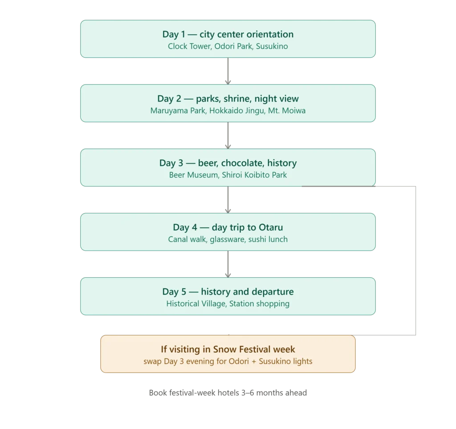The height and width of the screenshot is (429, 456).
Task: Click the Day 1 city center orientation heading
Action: click(x=228, y=34)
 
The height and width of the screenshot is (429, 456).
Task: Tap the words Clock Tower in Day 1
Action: click(x=189, y=46)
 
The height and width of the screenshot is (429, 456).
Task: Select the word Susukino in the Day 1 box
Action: click(x=272, y=46)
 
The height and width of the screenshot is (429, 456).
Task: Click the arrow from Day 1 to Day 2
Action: click(x=228, y=71)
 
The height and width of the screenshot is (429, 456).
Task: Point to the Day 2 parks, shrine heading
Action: click(x=228, y=99)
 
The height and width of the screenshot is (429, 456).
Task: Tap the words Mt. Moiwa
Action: click(x=287, y=111)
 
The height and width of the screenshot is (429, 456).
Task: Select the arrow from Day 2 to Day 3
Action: click(x=228, y=135)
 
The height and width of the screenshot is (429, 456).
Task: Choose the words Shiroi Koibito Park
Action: click(x=254, y=175)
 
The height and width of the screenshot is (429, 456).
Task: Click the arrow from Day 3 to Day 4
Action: click(x=228, y=200)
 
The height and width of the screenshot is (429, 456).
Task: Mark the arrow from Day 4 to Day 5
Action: click(x=228, y=264)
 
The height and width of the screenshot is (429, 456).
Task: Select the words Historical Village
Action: click(x=196, y=304)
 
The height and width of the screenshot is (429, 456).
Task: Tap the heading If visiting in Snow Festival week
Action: click(x=228, y=349)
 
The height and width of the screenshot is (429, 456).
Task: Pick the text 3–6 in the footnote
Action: click(x=248, y=393)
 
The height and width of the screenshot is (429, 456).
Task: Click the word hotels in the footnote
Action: click(x=228, y=393)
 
